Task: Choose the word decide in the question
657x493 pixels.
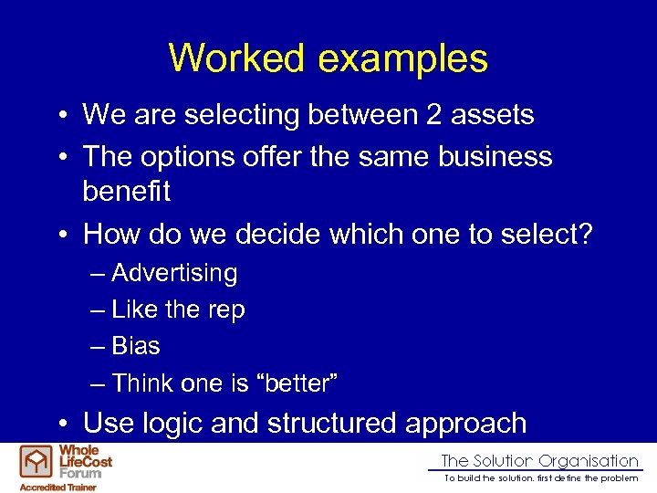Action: click(278, 235)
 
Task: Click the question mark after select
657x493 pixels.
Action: click(585, 235)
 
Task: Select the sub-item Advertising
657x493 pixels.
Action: click(174, 274)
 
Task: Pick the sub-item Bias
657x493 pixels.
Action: click(136, 347)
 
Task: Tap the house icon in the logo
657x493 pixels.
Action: click(37, 463)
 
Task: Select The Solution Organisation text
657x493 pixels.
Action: click(539, 461)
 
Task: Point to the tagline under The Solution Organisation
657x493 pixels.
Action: click(540, 478)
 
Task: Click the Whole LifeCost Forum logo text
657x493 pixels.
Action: click(85, 461)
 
